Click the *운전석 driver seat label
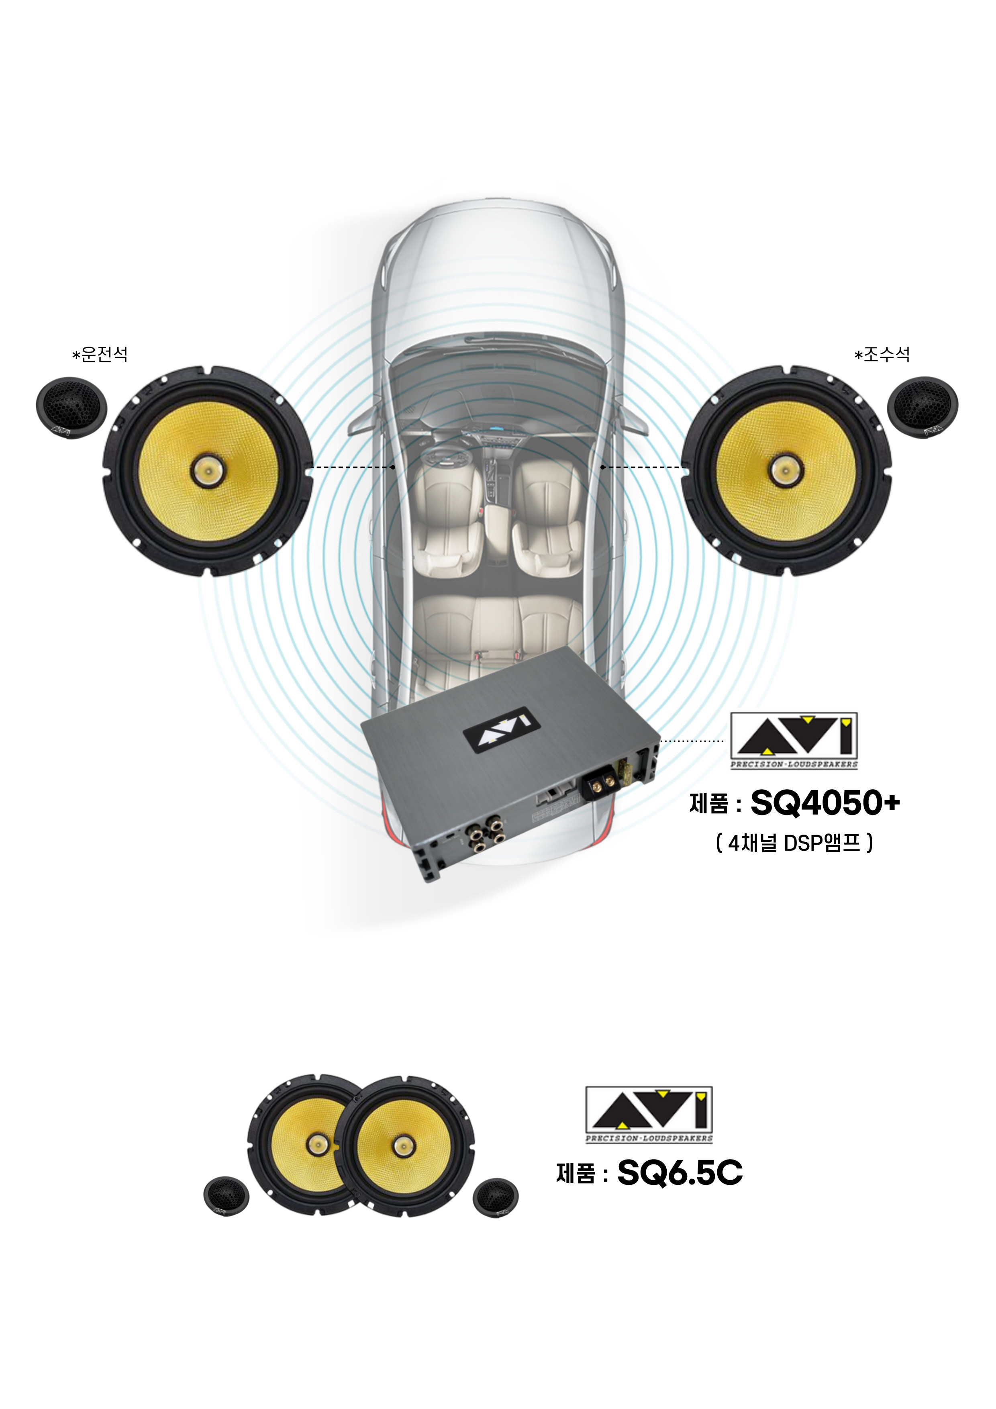pyautogui.click(x=100, y=354)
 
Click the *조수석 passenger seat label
pyautogui.click(x=882, y=354)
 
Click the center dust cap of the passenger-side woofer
pyautogui.click(x=786, y=471)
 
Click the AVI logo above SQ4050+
pyautogui.click(x=794, y=741)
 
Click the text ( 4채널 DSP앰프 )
pyautogui.click(x=794, y=843)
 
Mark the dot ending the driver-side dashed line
pyautogui.click(x=393, y=467)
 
